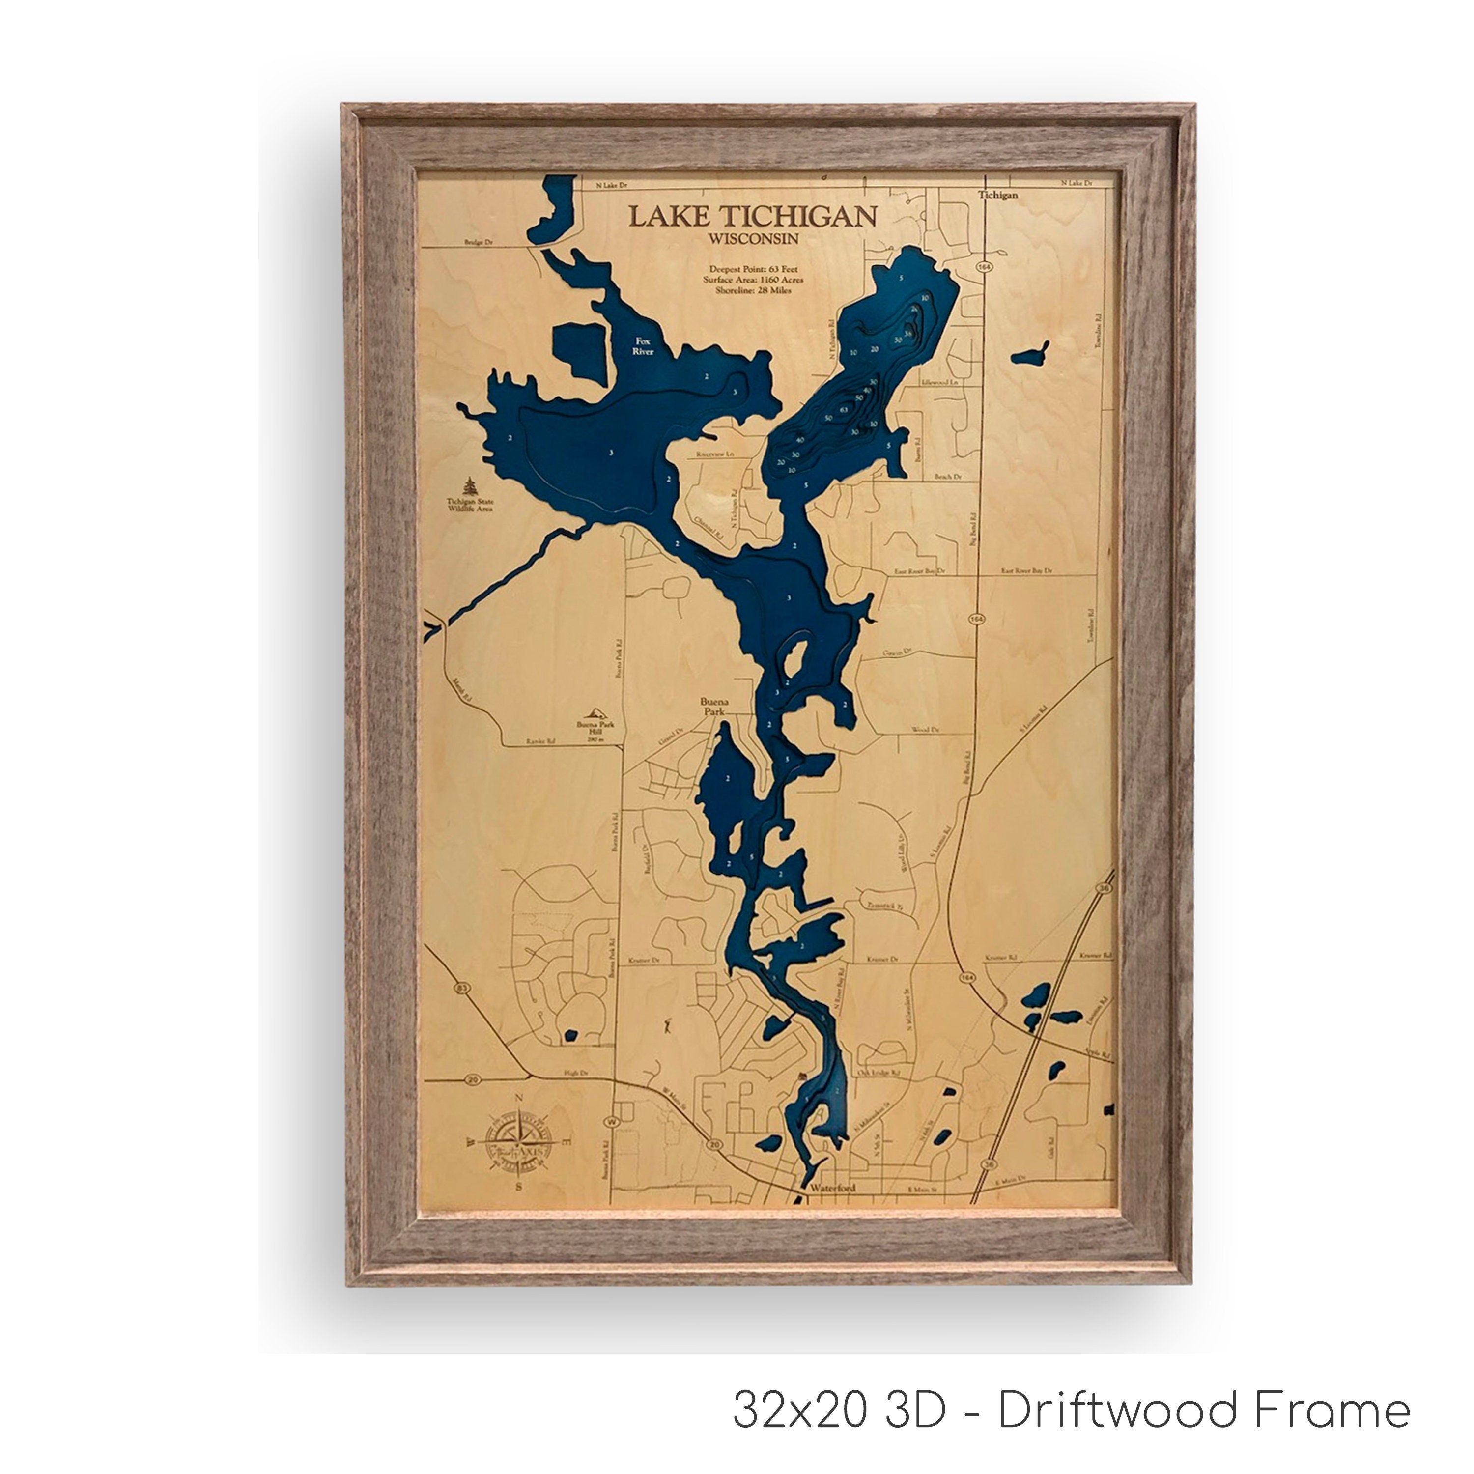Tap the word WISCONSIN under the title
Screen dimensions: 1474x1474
pos(752,239)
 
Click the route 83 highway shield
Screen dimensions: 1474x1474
pos(460,988)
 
